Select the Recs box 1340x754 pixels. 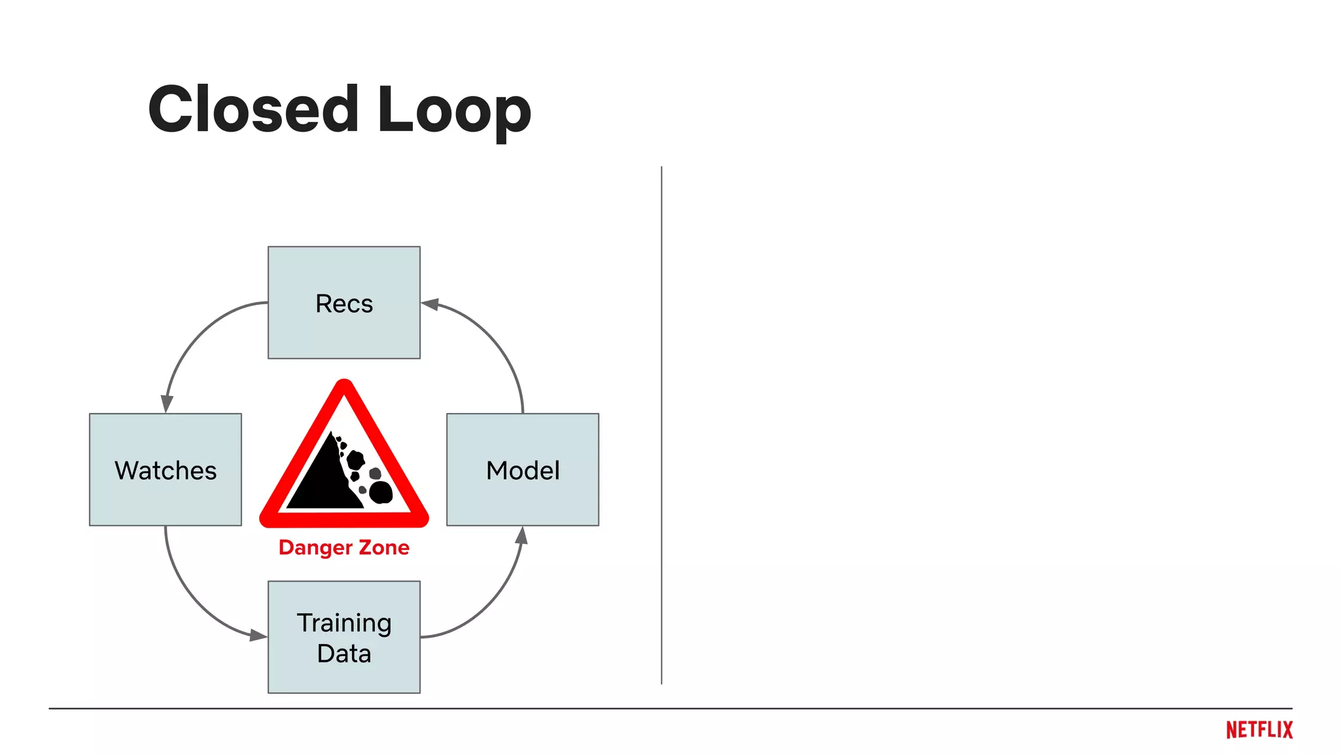coord(344,302)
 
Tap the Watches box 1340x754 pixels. coord(165,469)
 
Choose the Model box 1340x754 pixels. coord(522,469)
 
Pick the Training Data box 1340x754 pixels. coord(344,637)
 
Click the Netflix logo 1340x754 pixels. coord(1259,730)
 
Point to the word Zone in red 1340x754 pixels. coord(383,547)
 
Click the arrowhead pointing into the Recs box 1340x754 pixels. coord(429,304)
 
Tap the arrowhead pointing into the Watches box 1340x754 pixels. coord(167,404)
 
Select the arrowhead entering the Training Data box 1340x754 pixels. coord(258,635)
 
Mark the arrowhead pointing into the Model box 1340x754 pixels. coord(521,535)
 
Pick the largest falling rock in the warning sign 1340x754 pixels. coord(380,492)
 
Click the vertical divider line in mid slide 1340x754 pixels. coord(661,425)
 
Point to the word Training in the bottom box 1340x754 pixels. coord(344,622)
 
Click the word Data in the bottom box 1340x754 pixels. coord(344,653)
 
